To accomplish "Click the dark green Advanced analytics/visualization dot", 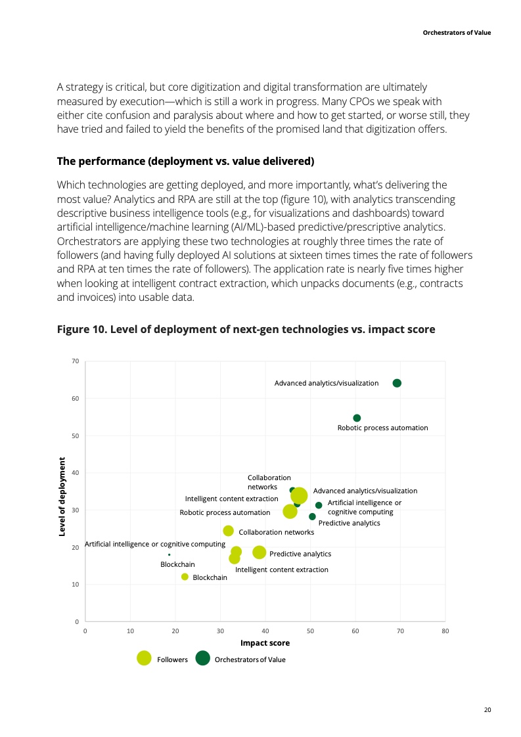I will pos(397,383).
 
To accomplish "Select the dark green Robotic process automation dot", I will pos(357,418).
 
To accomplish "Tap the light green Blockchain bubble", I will pos(185,577).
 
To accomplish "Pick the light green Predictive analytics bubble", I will pos(260,552).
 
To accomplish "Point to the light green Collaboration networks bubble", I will pos(229,531).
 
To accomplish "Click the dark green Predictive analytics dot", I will pos(312,516).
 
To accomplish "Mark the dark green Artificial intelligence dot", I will pos(319,505).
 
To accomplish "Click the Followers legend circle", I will pos(144,658).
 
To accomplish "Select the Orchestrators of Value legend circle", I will pos(202,658).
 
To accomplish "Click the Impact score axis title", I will pos(265,643).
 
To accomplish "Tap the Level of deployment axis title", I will pos(62,496).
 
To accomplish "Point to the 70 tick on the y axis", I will pos(76,361).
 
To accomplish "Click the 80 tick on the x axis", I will pos(445,631).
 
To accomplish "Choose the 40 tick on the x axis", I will pos(265,631).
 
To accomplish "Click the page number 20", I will pos(487,710).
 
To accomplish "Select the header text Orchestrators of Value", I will pos(456,32).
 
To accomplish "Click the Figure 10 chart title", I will pos(246,329).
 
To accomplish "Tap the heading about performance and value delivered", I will pos(185,161).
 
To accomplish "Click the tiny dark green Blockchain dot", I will pos(170,554).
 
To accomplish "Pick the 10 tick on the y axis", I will pos(76,585).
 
